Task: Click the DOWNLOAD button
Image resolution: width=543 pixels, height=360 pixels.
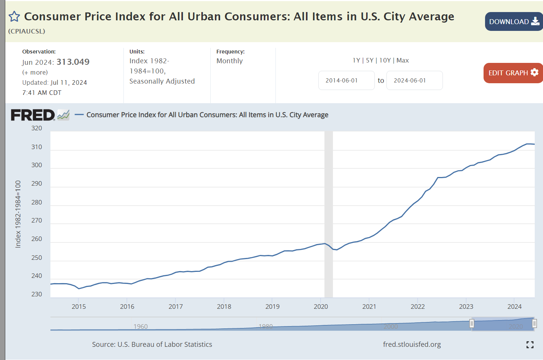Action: tap(514, 21)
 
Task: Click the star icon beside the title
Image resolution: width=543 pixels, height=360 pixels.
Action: tap(14, 17)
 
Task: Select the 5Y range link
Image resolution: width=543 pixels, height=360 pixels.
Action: tap(370, 60)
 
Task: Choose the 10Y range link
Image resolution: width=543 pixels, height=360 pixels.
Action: tap(385, 60)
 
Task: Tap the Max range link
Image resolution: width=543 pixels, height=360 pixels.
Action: tap(403, 60)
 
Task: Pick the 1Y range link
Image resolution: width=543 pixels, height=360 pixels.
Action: tap(356, 60)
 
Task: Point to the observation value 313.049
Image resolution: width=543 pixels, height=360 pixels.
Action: tap(73, 62)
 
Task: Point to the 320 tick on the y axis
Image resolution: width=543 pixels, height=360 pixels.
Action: tap(37, 128)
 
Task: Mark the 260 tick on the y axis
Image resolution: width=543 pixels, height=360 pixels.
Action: tap(37, 239)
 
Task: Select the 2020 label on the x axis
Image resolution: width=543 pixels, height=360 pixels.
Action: tap(321, 307)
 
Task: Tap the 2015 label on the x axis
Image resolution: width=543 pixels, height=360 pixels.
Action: tap(79, 307)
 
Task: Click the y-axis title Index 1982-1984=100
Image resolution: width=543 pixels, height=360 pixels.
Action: tap(18, 214)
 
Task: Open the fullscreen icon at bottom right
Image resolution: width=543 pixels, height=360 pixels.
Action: tap(530, 345)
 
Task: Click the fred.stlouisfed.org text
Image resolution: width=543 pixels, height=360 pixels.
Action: tap(412, 344)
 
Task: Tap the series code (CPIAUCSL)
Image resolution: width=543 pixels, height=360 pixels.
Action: tap(27, 31)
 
